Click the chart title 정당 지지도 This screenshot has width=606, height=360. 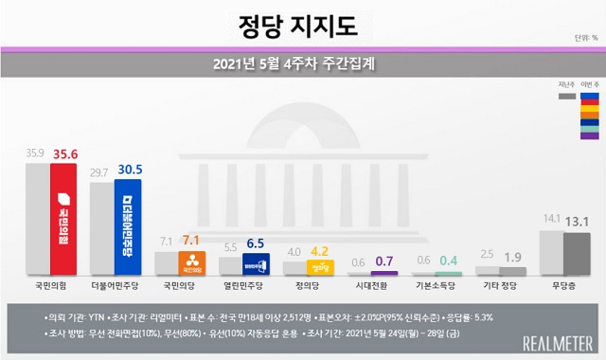(x=302, y=22)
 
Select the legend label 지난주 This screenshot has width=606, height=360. (x=565, y=85)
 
